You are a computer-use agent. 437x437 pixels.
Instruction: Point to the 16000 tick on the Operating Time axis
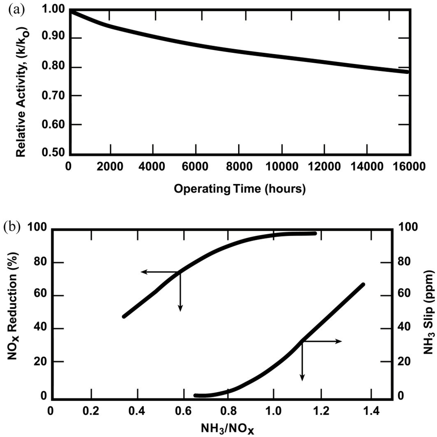click(409, 166)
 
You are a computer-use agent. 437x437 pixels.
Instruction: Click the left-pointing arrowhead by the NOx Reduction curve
click(143, 271)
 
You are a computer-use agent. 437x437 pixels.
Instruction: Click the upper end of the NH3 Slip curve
click(363, 285)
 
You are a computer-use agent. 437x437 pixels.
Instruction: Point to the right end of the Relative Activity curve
click(408, 71)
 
